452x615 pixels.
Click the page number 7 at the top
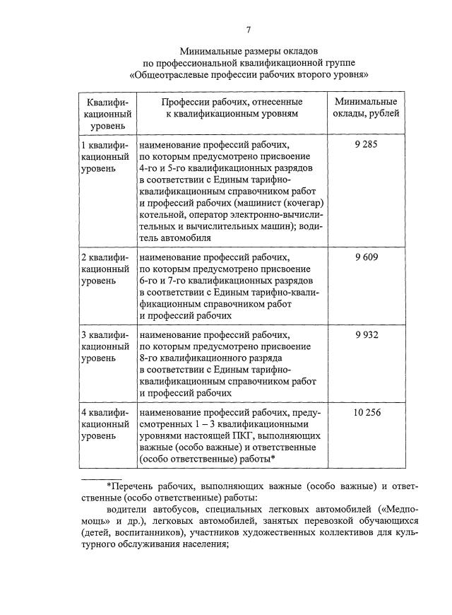click(248, 29)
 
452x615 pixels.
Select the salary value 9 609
click(367, 257)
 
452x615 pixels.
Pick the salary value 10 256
click(367, 411)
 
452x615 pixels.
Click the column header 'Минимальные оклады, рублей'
click(367, 107)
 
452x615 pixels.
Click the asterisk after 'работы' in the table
click(272, 459)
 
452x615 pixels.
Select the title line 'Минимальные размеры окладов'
click(248, 51)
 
